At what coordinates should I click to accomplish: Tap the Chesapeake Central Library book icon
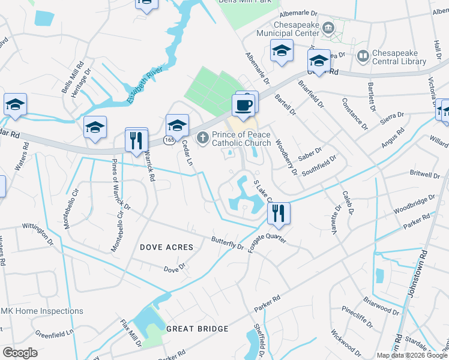[363, 57]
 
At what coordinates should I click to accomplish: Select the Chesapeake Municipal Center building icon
[328, 28]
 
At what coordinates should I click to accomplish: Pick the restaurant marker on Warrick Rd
[136, 140]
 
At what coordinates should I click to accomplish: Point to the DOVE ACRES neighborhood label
[166, 247]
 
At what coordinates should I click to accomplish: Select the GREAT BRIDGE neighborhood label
[197, 329]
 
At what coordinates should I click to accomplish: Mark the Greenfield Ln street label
[54, 332]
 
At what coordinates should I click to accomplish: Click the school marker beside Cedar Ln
[177, 126]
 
